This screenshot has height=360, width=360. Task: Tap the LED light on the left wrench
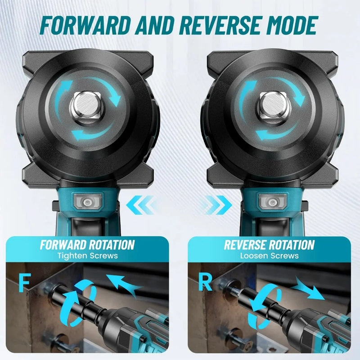87,202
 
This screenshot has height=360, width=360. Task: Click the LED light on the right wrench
272,202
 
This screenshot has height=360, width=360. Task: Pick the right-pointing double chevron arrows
218,205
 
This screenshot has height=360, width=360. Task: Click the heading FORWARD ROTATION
87,245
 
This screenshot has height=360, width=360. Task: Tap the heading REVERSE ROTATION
269,245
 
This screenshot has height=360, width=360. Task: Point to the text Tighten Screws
87,256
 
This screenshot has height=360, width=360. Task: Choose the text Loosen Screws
269,256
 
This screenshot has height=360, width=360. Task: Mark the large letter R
205,283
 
